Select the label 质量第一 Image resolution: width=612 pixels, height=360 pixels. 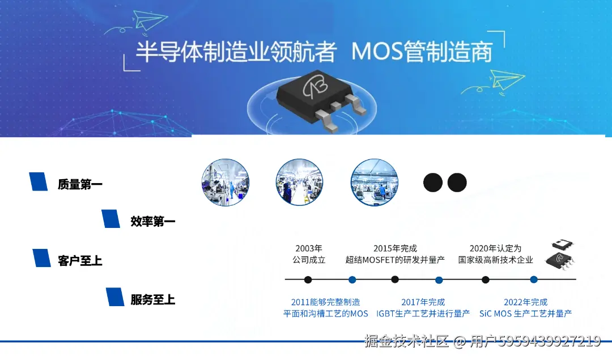click(x=80, y=184)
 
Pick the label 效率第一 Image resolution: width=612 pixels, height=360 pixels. click(x=153, y=222)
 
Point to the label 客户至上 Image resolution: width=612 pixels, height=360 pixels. click(x=80, y=261)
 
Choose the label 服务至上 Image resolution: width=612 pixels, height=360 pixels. click(x=153, y=299)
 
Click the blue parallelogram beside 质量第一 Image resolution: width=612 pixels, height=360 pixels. click(x=39, y=181)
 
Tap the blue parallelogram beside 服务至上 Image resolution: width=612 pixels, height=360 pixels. click(x=115, y=297)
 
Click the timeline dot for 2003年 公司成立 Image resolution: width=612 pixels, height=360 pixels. click(x=308, y=279)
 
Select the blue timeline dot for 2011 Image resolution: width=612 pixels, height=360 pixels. click(x=352, y=279)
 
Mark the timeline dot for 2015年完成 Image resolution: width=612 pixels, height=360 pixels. click(x=395, y=279)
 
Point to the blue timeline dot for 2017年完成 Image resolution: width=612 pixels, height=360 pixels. click(x=439, y=279)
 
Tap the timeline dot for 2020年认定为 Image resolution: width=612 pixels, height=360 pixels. click(x=486, y=279)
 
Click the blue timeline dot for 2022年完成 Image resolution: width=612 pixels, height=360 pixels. click(x=534, y=279)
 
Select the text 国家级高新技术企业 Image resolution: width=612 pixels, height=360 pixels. click(x=496, y=260)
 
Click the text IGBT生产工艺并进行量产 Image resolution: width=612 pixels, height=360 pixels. click(x=423, y=314)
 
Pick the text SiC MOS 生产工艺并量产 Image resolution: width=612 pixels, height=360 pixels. click(x=525, y=314)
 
